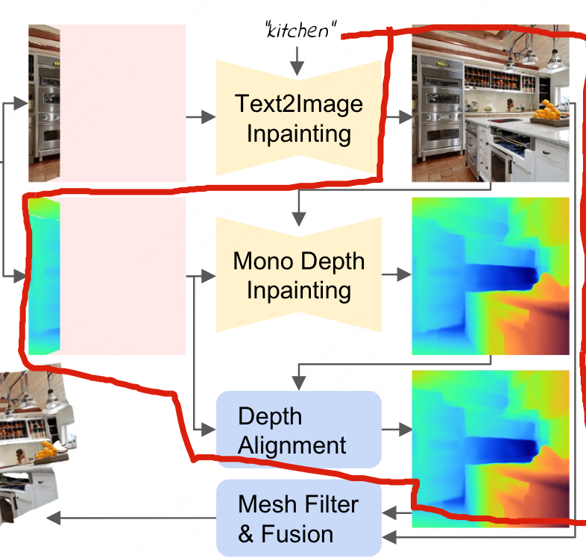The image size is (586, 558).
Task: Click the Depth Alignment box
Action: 298,430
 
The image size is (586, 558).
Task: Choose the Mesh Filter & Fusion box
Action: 298,518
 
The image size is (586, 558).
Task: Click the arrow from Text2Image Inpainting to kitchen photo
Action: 398,117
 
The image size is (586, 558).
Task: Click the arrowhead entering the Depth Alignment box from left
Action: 210,430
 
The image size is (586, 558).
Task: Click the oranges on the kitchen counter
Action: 550,110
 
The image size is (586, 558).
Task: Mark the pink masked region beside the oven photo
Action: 122,103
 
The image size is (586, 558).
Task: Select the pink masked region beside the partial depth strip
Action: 122,276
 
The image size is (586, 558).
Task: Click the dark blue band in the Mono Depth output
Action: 500,276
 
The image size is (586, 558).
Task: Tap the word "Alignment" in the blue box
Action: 292,445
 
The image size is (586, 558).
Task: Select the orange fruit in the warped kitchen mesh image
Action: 49,450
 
